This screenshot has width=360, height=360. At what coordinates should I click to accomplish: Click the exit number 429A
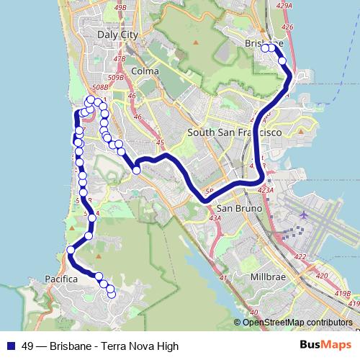click(284, 4)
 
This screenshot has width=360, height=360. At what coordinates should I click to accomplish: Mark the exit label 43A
click(214, 218)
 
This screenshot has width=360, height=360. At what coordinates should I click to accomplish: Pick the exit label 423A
click(265, 190)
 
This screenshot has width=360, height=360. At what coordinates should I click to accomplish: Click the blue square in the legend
click(11, 346)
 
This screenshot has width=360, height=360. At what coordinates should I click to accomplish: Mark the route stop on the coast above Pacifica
click(71, 250)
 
